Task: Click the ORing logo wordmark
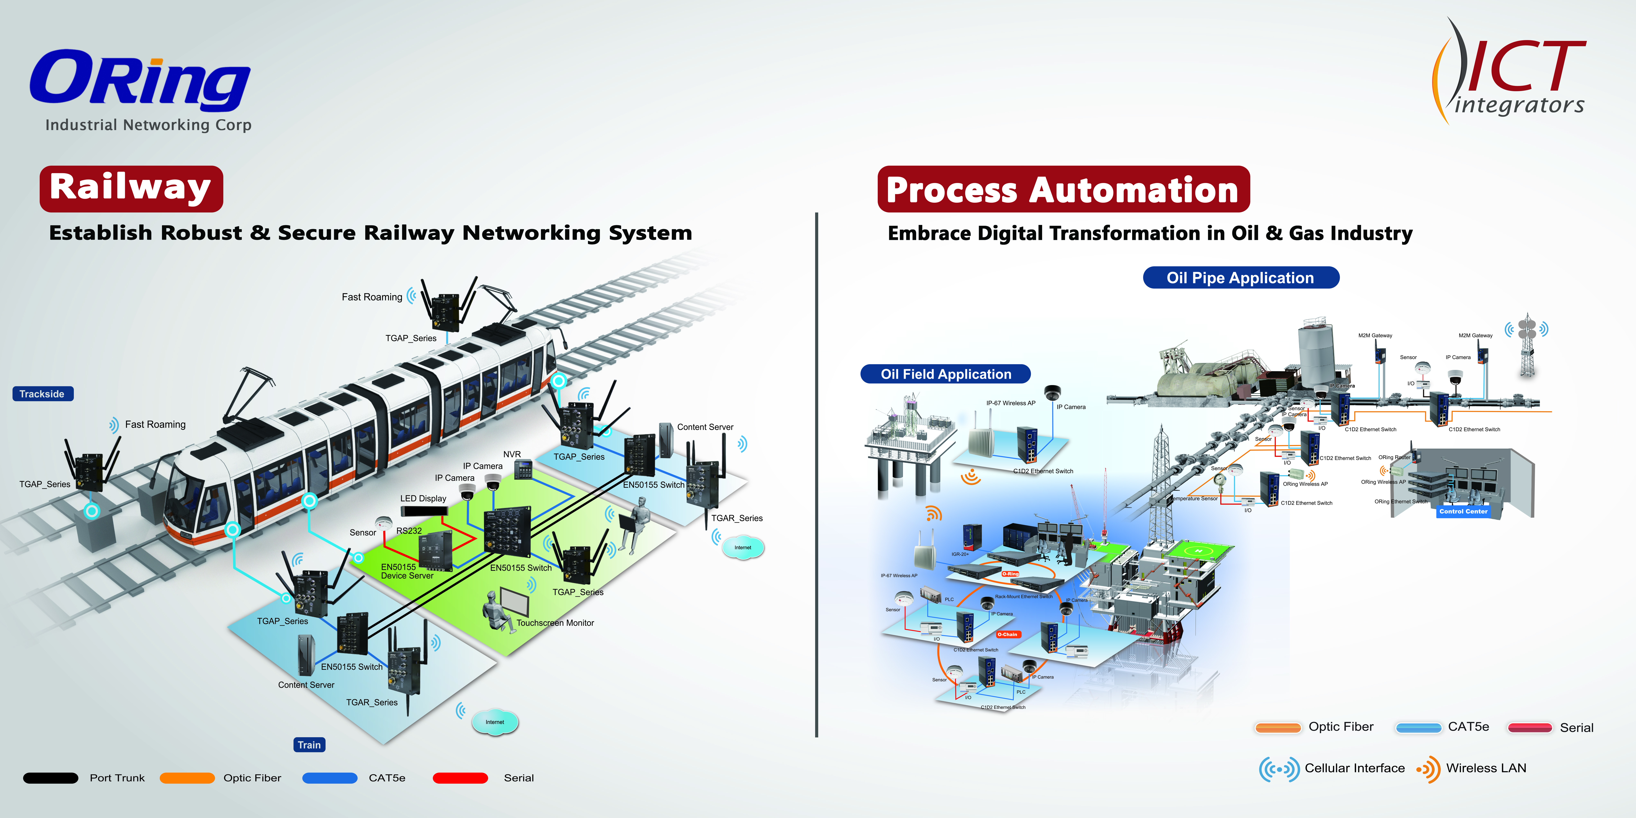tap(140, 79)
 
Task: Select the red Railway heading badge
tap(131, 189)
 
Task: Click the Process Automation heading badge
tap(1063, 189)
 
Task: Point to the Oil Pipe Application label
tap(1240, 278)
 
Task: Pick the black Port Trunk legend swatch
tap(51, 778)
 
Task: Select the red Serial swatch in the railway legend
tap(460, 778)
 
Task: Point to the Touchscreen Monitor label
tap(555, 623)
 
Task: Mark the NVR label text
tap(512, 454)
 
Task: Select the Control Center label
tap(1463, 511)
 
